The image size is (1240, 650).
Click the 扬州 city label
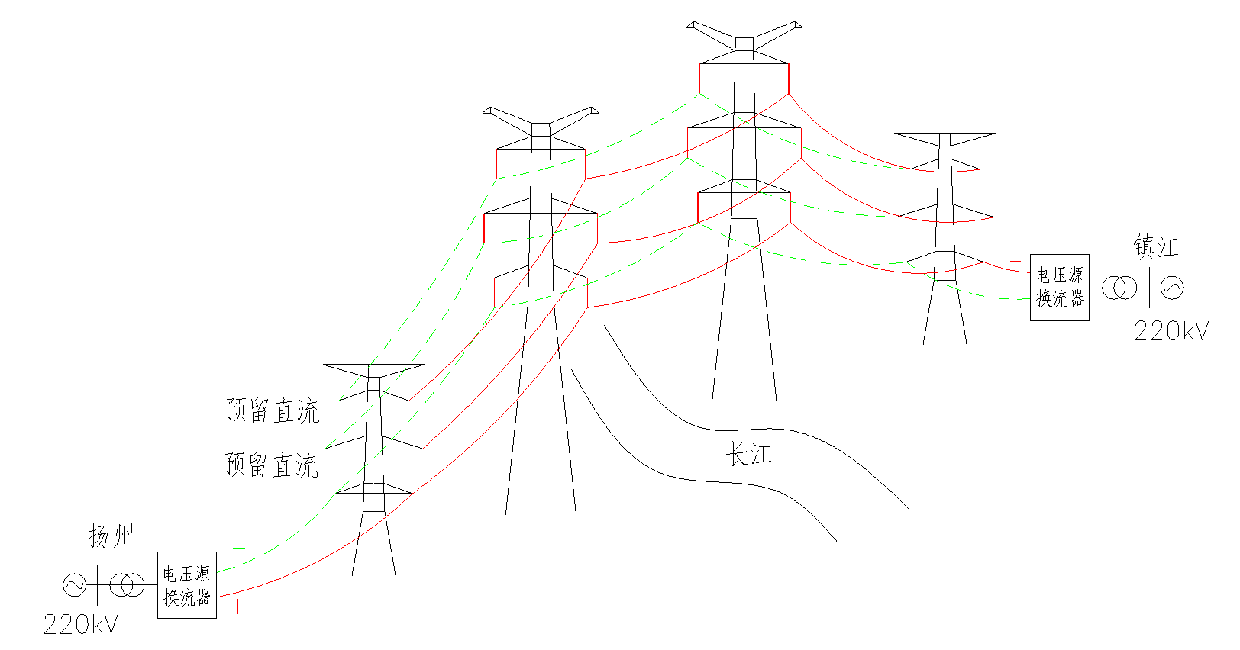click(x=111, y=536)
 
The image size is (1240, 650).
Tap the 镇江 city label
click(x=1156, y=246)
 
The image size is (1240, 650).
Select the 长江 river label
click(x=748, y=454)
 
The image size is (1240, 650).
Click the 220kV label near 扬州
click(x=81, y=625)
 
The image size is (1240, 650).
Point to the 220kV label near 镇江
click(x=1171, y=331)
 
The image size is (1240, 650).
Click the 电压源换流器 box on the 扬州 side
click(x=187, y=584)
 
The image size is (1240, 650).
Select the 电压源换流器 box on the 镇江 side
click(x=1060, y=287)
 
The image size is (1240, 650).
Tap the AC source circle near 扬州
click(x=74, y=585)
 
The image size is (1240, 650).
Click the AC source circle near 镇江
click(x=1172, y=288)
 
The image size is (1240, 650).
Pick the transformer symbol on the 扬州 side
click(x=127, y=585)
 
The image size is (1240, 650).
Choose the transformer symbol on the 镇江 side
click(x=1119, y=288)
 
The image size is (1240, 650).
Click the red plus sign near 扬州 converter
click(x=237, y=607)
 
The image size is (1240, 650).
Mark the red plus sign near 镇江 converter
click(x=1016, y=261)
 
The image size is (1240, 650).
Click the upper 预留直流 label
click(x=273, y=410)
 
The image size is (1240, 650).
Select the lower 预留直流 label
click(x=271, y=465)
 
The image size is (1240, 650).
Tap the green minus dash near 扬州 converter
click(x=238, y=549)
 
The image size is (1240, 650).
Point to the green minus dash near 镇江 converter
click(x=1013, y=311)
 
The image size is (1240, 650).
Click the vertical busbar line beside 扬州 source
click(x=98, y=585)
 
